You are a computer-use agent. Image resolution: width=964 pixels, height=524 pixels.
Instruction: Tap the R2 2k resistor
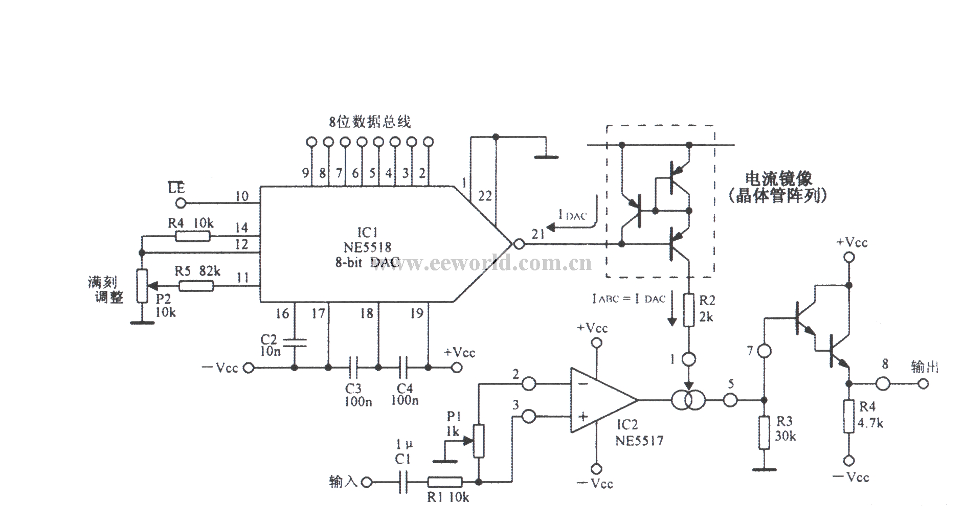pyautogui.click(x=689, y=310)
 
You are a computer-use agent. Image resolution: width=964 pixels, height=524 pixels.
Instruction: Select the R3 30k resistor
pyautogui.click(x=764, y=432)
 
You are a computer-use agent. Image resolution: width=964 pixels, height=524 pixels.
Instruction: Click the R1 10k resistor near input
pyautogui.click(x=444, y=482)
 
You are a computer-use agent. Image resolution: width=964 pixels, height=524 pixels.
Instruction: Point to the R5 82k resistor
pyautogui.click(x=196, y=286)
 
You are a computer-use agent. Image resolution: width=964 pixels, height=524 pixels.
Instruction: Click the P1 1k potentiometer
pyautogui.click(x=479, y=440)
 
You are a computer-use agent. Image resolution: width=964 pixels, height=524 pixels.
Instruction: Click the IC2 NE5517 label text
pyautogui.click(x=639, y=432)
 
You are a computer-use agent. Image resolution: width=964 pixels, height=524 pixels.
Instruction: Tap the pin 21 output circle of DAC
pyautogui.click(x=519, y=244)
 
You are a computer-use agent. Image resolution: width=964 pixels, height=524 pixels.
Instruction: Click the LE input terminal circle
pyautogui.click(x=180, y=203)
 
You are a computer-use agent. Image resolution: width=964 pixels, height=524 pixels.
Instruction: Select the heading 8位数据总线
pyautogui.click(x=370, y=122)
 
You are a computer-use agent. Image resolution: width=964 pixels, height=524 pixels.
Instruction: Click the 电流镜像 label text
pyautogui.click(x=778, y=179)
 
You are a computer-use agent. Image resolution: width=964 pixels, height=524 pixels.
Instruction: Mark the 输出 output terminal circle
pyautogui.click(x=923, y=383)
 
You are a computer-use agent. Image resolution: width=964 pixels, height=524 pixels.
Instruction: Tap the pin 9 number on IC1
pyautogui.click(x=305, y=173)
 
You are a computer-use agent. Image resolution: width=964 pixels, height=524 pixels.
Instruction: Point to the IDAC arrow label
pyautogui.click(x=572, y=216)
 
